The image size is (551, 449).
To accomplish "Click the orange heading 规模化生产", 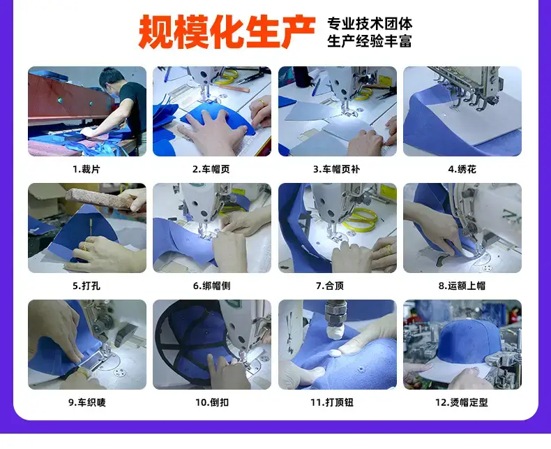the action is (227, 31).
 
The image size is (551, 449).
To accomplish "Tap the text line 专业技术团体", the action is (370, 24).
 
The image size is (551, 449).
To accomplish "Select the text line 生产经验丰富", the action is (370, 41).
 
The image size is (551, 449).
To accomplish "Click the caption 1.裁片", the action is (86, 169).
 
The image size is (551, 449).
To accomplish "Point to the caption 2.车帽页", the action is (211, 169).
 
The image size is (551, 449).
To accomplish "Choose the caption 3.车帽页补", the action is (337, 169).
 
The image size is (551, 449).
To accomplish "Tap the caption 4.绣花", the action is (462, 169).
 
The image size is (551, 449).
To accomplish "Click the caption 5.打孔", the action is (86, 286).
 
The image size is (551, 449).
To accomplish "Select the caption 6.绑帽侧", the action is (211, 286).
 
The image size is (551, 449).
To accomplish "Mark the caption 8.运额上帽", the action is (462, 286).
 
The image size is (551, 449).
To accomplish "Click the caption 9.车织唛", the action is (87, 402).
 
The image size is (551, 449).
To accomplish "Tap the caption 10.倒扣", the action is (212, 402).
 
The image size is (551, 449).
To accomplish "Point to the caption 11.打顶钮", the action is (332, 402).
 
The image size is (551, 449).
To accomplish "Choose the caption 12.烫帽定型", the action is (462, 402).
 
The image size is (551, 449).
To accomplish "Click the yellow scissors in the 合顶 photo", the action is (360, 220).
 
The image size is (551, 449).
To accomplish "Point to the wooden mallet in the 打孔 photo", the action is (103, 199).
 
